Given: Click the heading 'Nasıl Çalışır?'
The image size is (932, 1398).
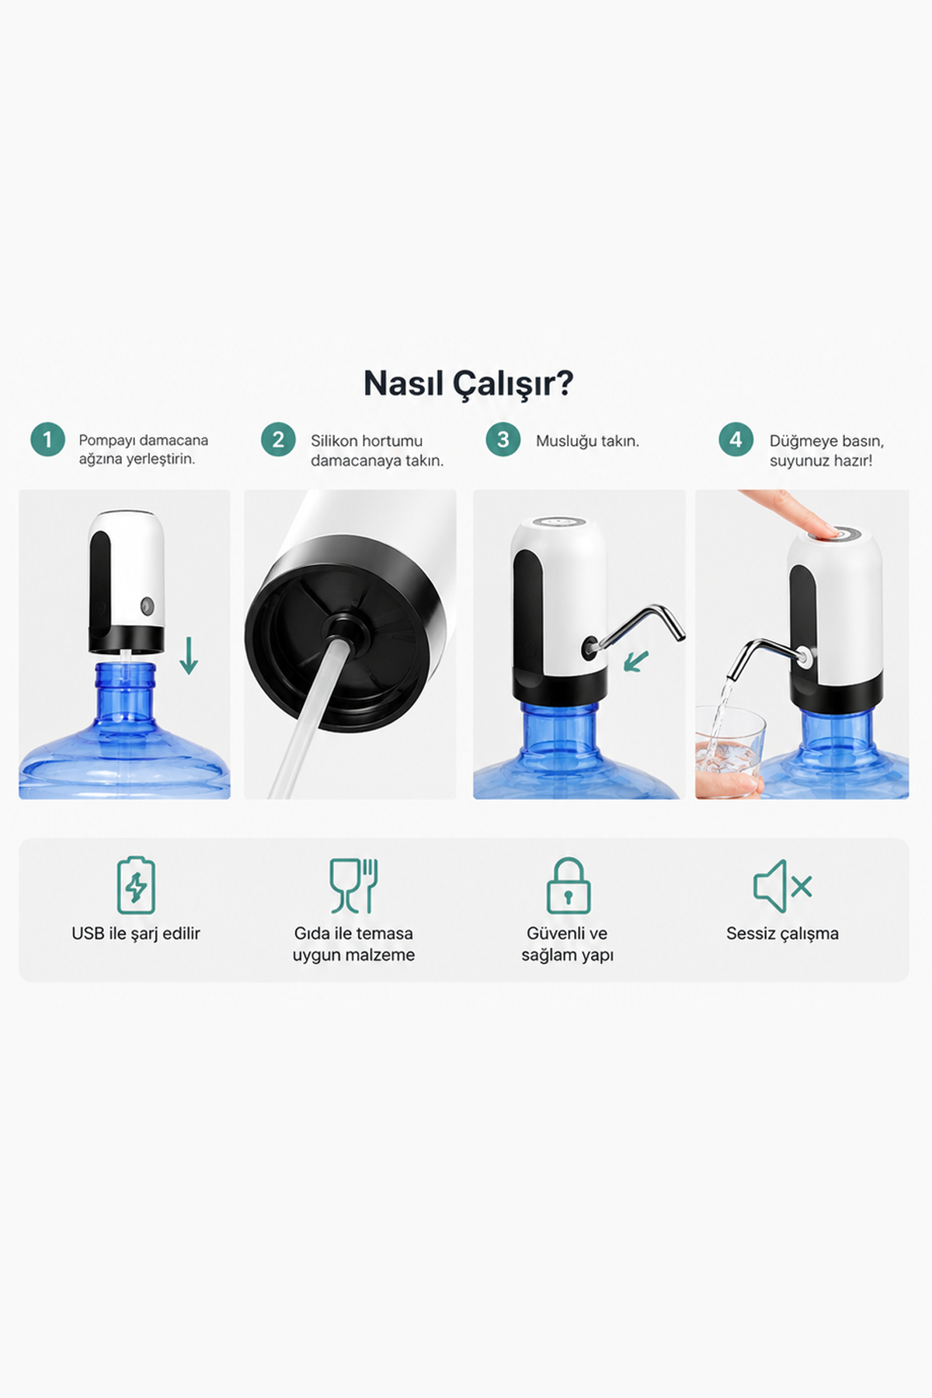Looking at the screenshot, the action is [468, 384].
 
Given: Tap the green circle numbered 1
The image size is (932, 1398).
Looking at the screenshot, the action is [47, 440].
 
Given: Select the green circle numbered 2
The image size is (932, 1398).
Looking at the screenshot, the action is [278, 440].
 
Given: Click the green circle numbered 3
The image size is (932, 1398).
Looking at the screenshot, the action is [503, 440].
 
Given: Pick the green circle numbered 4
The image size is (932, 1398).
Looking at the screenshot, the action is [736, 440].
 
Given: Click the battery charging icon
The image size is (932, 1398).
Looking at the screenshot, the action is [136, 885].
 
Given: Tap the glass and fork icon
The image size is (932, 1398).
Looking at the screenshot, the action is [353, 885].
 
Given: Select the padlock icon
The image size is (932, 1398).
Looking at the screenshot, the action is [568, 885].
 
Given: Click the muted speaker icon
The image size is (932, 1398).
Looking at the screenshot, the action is [782, 886].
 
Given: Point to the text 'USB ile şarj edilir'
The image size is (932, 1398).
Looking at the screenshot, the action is [136, 934].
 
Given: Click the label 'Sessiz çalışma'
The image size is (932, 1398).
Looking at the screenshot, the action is [782, 934].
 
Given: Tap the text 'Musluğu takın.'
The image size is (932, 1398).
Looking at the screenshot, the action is [587, 441].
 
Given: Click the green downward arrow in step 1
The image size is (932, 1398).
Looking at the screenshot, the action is [189, 656].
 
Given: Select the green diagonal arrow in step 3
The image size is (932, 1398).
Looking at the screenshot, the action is [636, 661].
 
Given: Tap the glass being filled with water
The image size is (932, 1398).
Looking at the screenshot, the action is [730, 750].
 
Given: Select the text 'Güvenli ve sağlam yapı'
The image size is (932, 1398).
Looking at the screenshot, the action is [568, 944].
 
